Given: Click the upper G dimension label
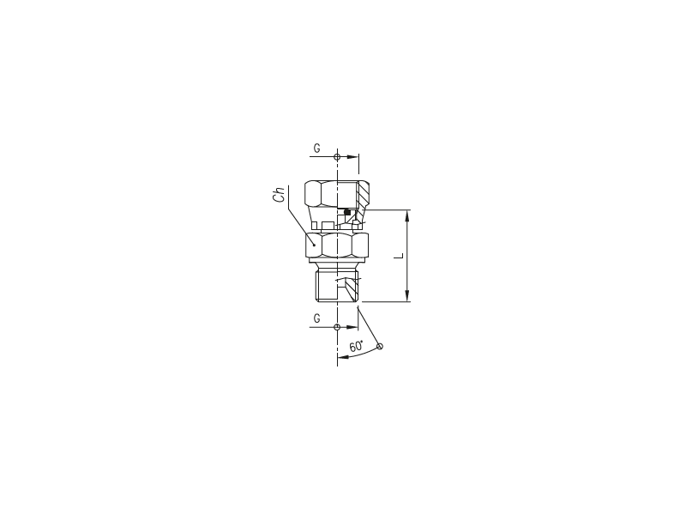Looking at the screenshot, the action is click(x=316, y=148).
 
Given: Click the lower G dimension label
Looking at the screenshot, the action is click(x=316, y=318).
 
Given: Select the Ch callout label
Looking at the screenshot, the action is click(x=279, y=195).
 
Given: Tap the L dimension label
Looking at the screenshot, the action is click(x=399, y=255).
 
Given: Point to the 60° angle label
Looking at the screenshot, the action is click(x=357, y=346).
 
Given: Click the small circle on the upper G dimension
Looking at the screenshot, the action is click(x=337, y=157).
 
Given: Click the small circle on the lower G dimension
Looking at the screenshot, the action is click(x=337, y=327).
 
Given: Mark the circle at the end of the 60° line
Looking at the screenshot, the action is click(x=380, y=347).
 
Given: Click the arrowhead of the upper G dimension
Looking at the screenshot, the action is click(x=353, y=157).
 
